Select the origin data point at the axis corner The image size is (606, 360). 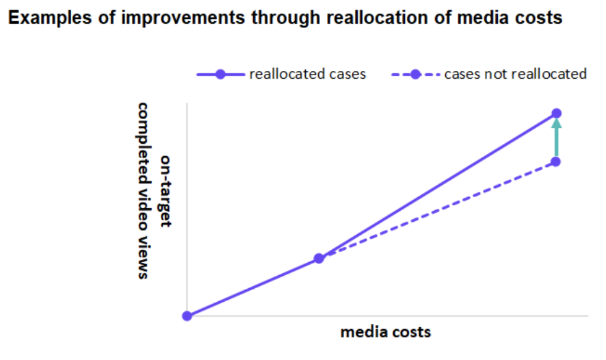click(187, 316)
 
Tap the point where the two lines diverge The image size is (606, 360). click(319, 258)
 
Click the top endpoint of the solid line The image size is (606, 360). click(556, 113)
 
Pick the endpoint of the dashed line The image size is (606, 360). click(556, 162)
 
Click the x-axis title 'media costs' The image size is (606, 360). click(386, 332)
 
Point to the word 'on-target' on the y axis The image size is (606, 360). click(166, 191)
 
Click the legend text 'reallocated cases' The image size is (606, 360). click(308, 74)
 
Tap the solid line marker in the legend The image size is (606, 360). click(220, 74)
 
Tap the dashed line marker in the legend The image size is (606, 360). click(415, 74)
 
